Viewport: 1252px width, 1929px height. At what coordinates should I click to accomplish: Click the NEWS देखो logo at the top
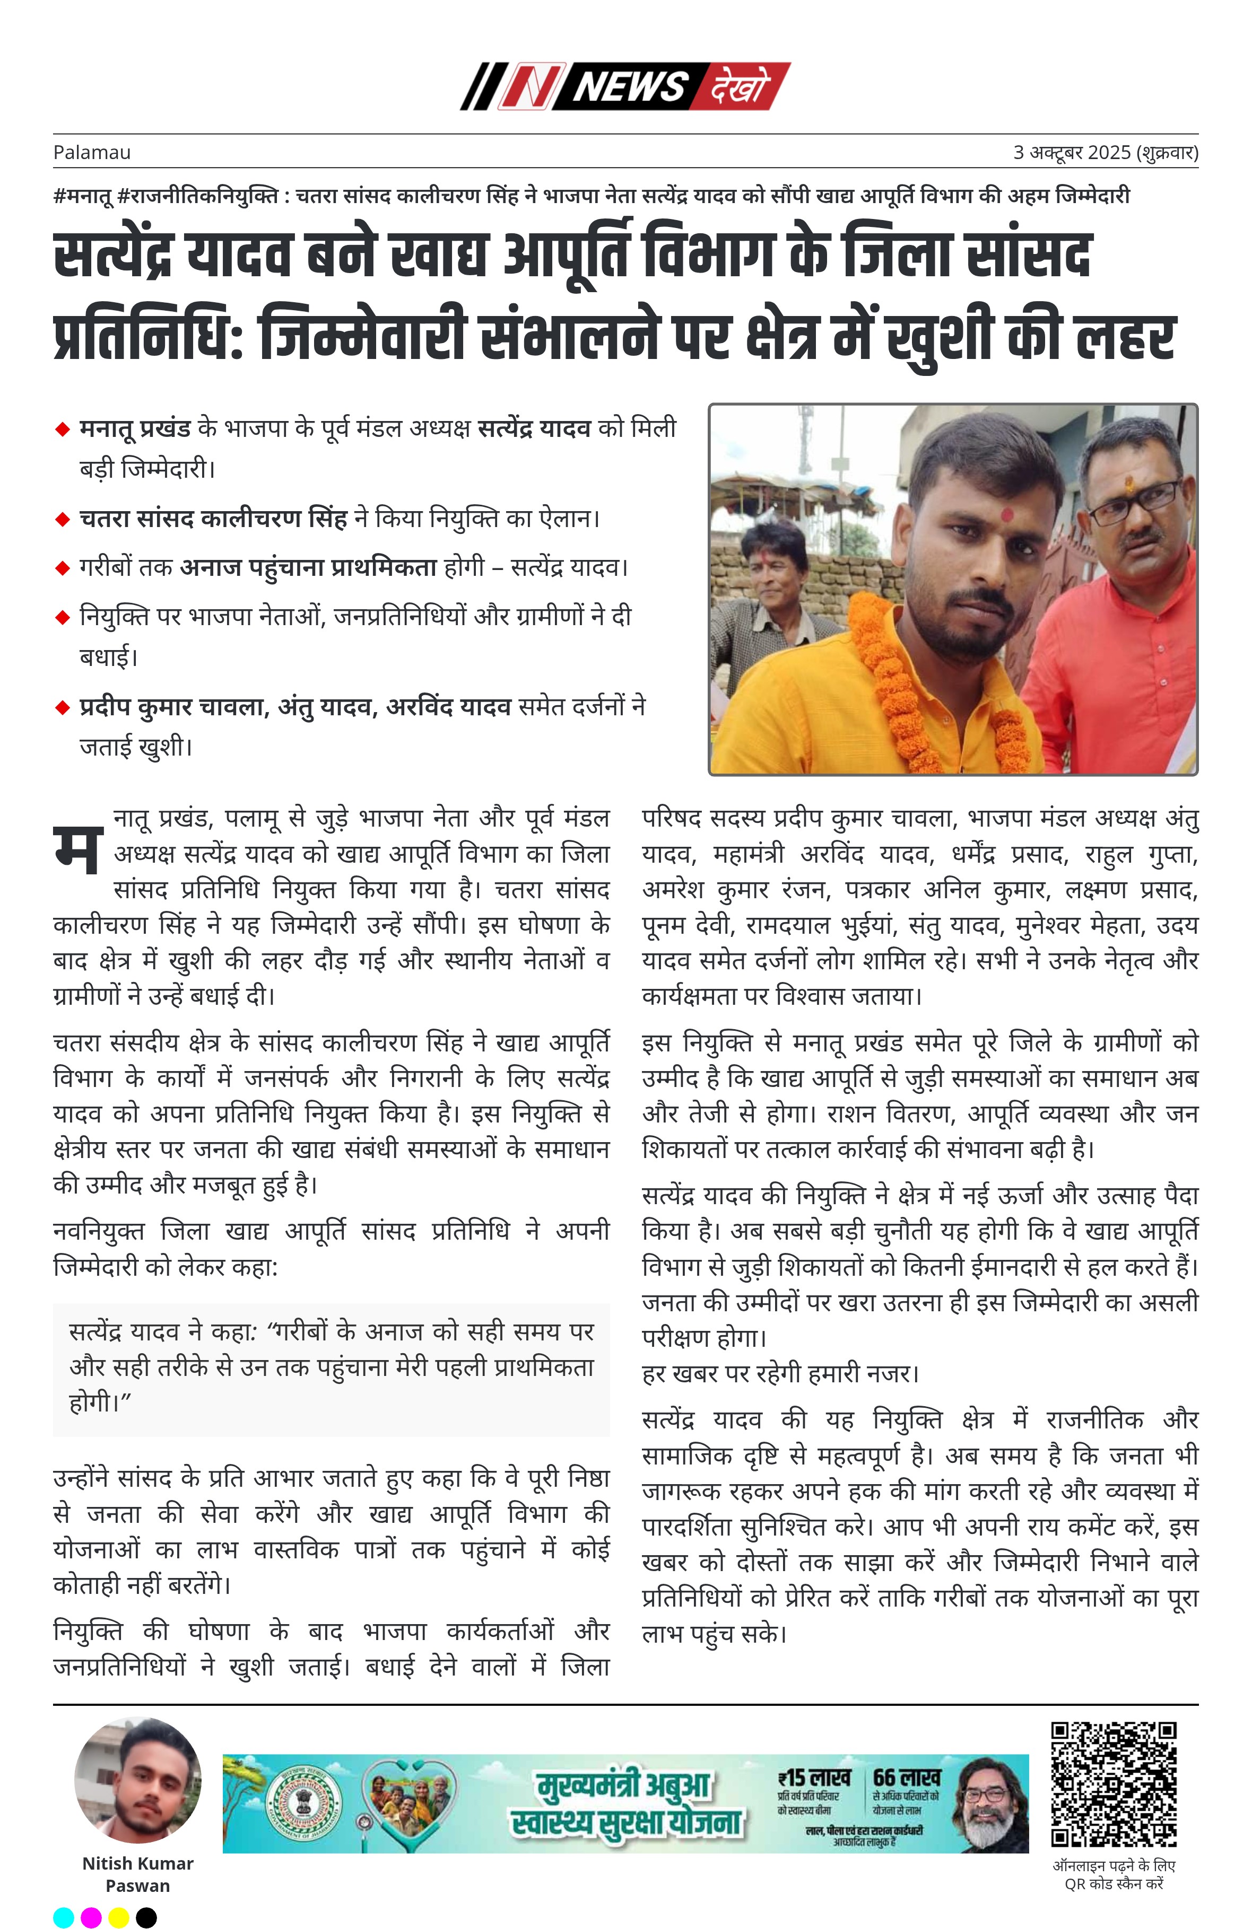point(625,86)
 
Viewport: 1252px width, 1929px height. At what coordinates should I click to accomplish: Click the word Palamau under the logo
point(92,152)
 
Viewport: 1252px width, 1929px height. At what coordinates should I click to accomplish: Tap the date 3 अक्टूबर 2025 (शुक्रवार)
point(1105,152)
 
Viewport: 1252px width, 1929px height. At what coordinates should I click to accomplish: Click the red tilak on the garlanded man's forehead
point(1007,515)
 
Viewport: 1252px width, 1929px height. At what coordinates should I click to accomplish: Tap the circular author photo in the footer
point(138,1780)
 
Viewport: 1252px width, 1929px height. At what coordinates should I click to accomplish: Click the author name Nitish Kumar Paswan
point(138,1874)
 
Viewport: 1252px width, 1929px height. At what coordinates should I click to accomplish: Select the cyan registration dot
point(63,1917)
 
